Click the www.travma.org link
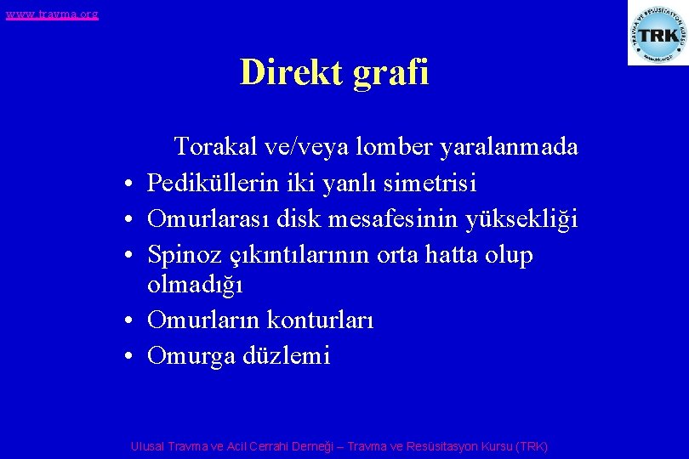pos(51,14)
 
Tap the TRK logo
pos(657,34)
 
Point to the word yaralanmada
pos(509,147)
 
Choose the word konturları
pos(320,320)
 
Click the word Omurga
pos(191,355)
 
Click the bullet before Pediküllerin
pos(125,184)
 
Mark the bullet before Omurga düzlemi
pos(125,357)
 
